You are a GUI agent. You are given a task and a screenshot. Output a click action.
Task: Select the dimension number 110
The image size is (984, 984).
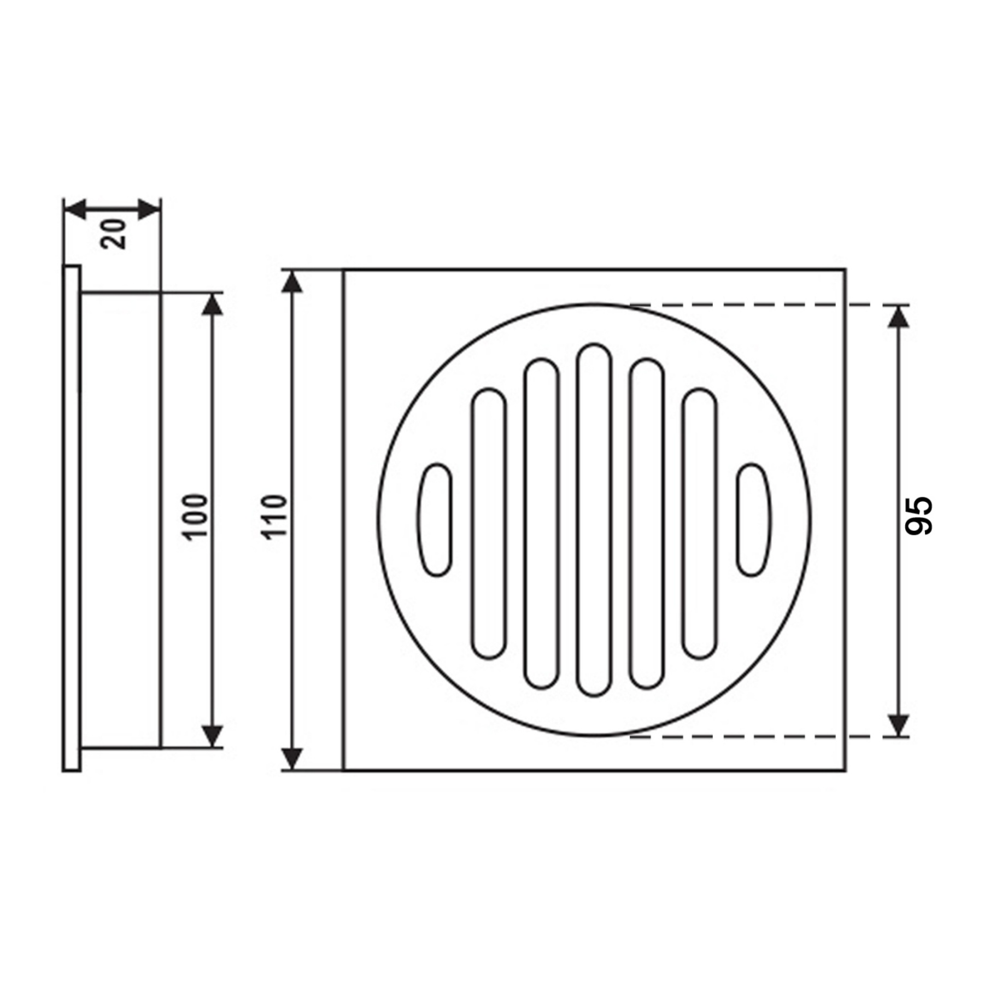pos(274,517)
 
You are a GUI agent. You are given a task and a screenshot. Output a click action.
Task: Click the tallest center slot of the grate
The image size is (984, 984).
pos(594,520)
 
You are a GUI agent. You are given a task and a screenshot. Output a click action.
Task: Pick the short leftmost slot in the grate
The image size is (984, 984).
pos(436,519)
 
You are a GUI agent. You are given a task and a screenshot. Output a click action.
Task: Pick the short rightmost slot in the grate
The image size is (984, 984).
pos(754,519)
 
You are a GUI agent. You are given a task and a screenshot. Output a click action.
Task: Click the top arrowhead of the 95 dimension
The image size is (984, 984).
pos(898,317)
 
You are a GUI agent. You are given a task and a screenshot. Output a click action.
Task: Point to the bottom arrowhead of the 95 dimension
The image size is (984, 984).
pos(898,725)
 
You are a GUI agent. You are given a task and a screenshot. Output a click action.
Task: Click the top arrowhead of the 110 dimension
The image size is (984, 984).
pos(294,282)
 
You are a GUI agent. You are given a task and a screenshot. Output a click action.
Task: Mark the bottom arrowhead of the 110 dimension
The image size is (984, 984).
pos(294,759)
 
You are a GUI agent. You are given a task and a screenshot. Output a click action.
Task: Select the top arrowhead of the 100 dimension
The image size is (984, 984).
pos(212,305)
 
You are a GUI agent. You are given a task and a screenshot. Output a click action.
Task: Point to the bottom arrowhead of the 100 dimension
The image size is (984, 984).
pos(212,735)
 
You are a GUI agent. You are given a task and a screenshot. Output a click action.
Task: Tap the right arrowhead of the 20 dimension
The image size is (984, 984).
pos(149,208)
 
